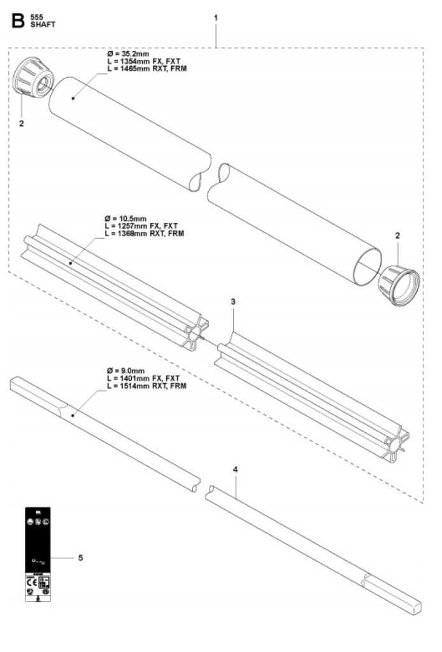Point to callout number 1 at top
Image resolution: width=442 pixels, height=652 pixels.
pos(216,18)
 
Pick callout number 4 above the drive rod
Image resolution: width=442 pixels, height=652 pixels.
pos(236,469)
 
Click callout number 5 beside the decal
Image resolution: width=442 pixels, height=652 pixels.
pos(80,558)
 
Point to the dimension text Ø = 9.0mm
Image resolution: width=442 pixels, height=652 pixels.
pos(125,371)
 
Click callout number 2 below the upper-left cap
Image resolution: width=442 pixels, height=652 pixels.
pos(22,124)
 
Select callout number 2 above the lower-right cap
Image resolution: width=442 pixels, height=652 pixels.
pos(398,236)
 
